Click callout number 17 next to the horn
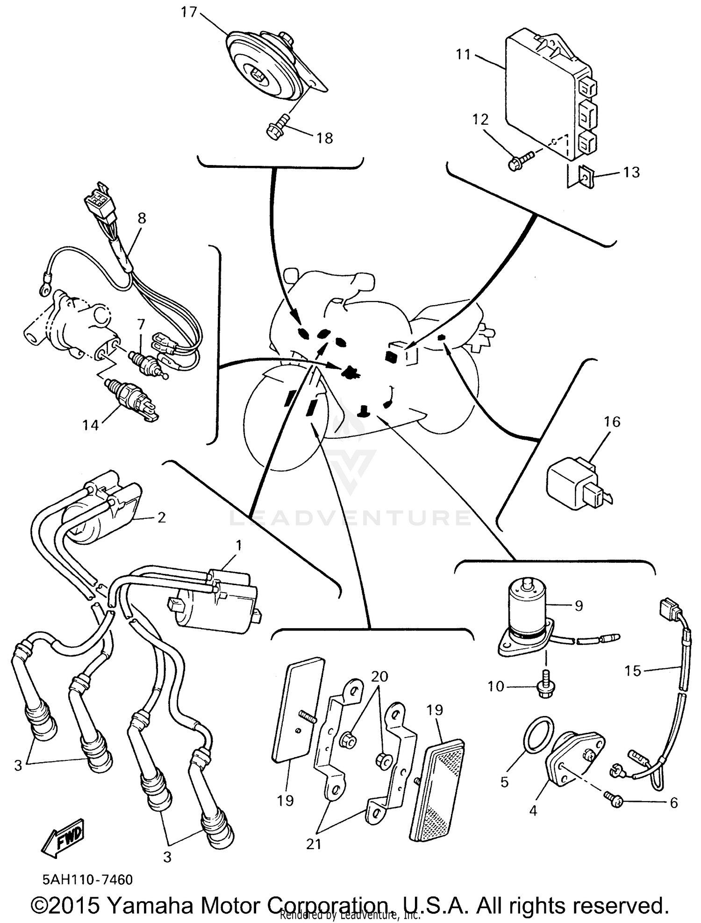[x=189, y=12]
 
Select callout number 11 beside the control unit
[x=464, y=55]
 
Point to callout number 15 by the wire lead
[x=633, y=671]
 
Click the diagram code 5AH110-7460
[x=88, y=880]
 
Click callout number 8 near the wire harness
[x=142, y=218]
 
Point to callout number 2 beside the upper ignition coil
[x=161, y=517]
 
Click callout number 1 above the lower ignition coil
[x=239, y=545]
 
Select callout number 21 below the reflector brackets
[x=314, y=844]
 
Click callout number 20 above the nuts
[x=379, y=676]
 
